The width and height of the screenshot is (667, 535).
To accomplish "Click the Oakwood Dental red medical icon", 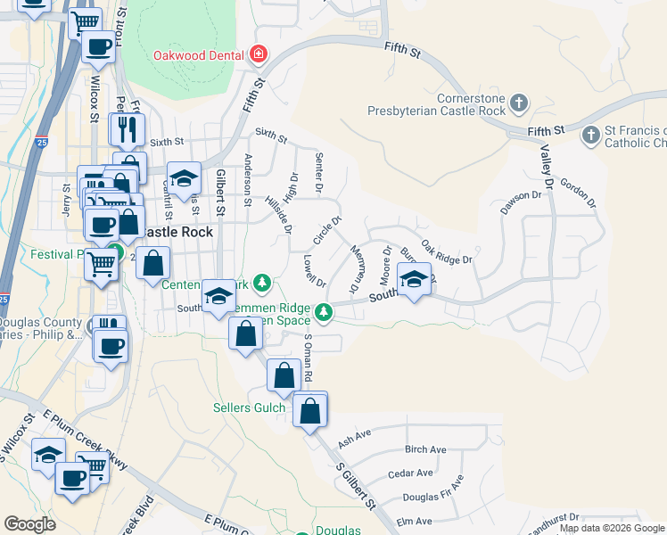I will pos(259,54).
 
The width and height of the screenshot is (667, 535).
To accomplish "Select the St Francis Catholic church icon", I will pos(589,136).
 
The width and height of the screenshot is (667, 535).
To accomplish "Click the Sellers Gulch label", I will pos(250,408).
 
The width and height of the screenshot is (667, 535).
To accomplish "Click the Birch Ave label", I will pos(425,449).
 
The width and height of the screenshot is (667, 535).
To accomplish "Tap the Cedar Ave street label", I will pos(410,473).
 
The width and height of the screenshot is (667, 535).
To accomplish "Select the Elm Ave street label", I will pos(414,521).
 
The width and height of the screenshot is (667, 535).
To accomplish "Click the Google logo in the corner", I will pos(29,524).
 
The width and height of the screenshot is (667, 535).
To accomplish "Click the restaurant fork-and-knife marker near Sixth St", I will pos(127,129).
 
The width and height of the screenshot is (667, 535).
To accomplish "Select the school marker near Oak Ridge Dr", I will pos(414,281).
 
